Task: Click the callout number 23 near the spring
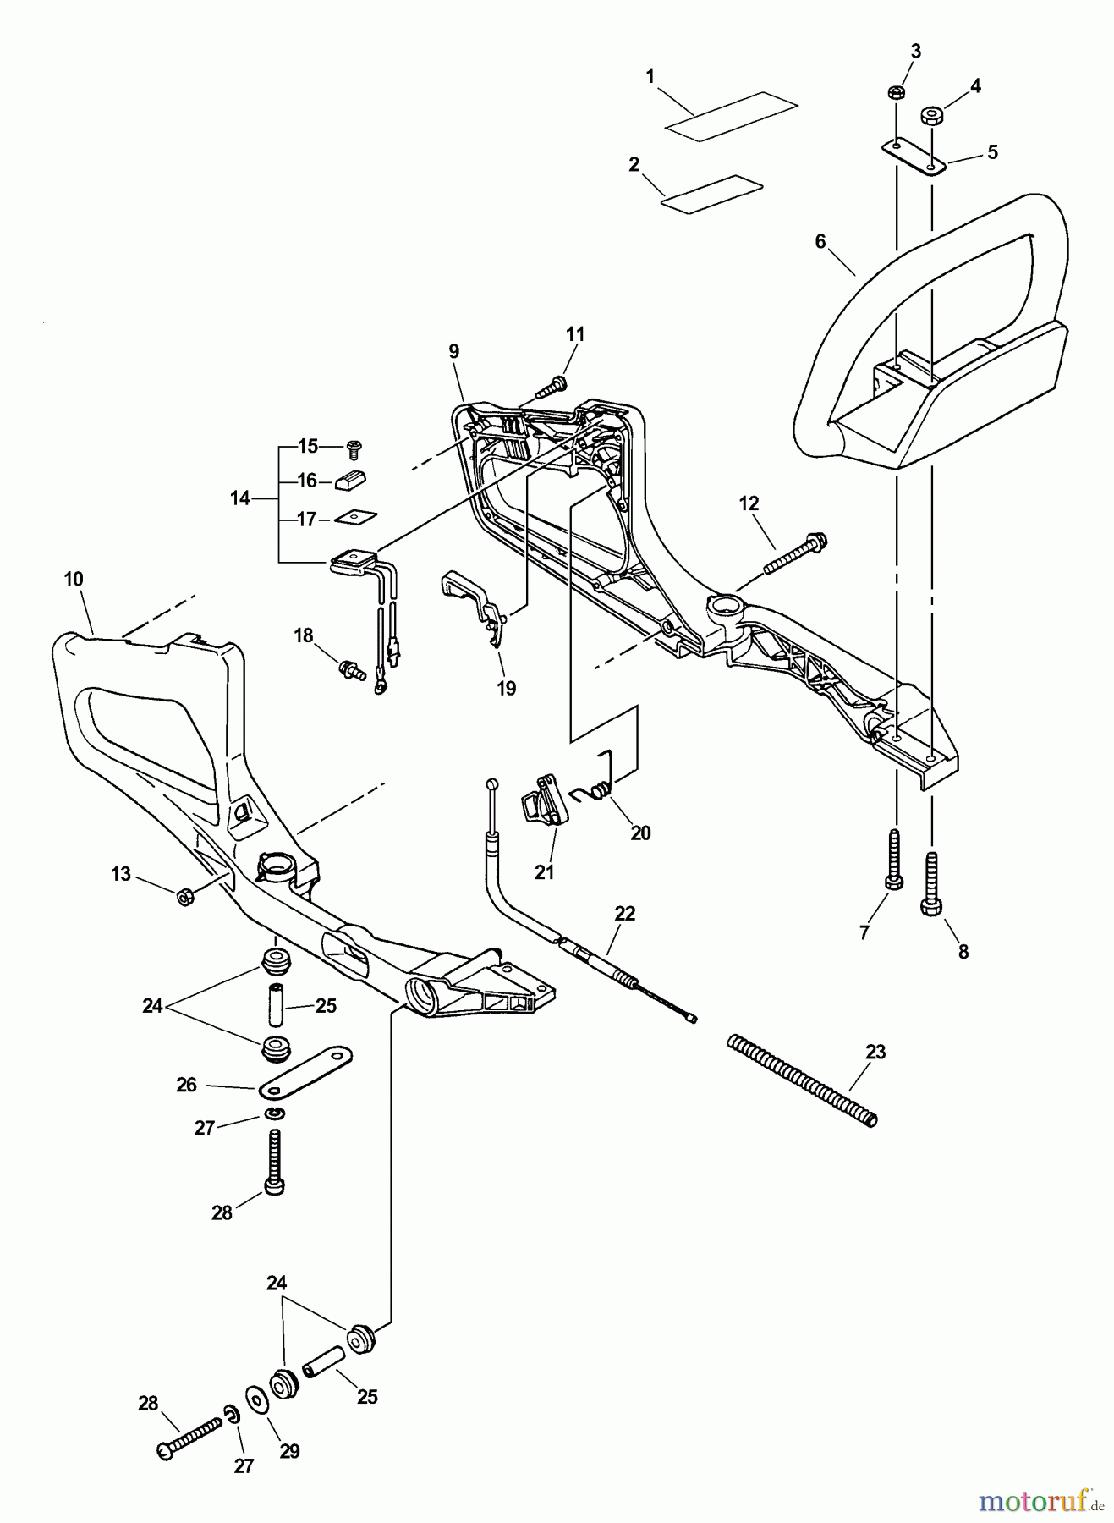tap(875, 1052)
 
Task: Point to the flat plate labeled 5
tap(914, 156)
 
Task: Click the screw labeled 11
tap(552, 387)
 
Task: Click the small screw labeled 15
tap(354, 445)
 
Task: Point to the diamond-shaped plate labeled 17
tap(356, 515)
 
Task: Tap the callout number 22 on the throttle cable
tap(625, 914)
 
